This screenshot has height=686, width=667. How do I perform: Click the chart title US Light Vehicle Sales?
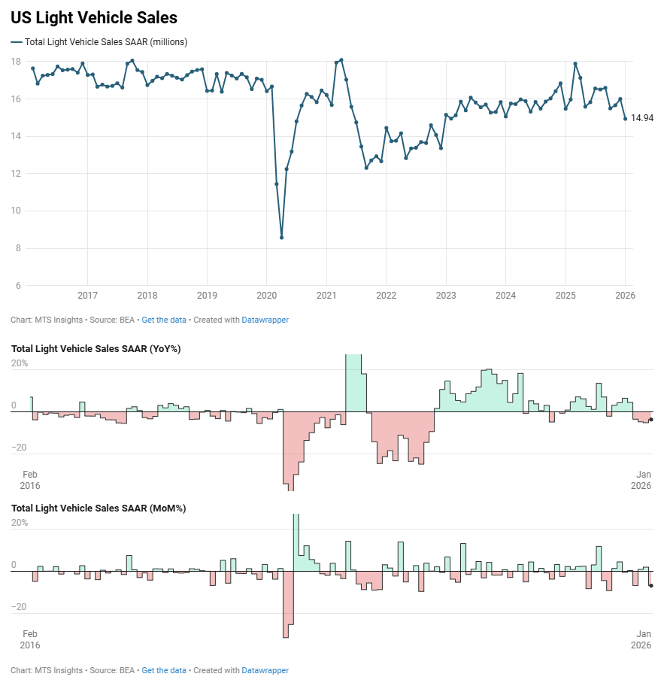(x=94, y=17)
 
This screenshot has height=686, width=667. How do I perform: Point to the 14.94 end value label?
(x=641, y=118)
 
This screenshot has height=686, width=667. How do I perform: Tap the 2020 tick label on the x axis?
(x=267, y=296)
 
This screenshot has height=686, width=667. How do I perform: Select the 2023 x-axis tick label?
(x=446, y=296)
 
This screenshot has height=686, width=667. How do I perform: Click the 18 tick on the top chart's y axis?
(x=15, y=61)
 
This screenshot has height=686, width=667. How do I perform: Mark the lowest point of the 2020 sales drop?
(x=281, y=238)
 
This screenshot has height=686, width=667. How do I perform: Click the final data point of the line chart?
(x=625, y=118)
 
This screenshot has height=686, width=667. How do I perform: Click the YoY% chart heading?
(x=96, y=348)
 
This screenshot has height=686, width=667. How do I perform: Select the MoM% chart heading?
(x=99, y=508)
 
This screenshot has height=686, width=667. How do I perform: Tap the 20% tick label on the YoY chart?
(x=20, y=363)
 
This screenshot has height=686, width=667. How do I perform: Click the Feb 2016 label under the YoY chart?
(x=30, y=480)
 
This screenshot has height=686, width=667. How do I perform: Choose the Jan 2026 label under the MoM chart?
(x=641, y=639)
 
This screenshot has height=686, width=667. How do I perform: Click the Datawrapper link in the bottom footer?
(x=265, y=670)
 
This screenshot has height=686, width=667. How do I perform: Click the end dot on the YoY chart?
(x=650, y=420)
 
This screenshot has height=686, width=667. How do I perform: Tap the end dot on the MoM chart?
(x=650, y=585)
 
